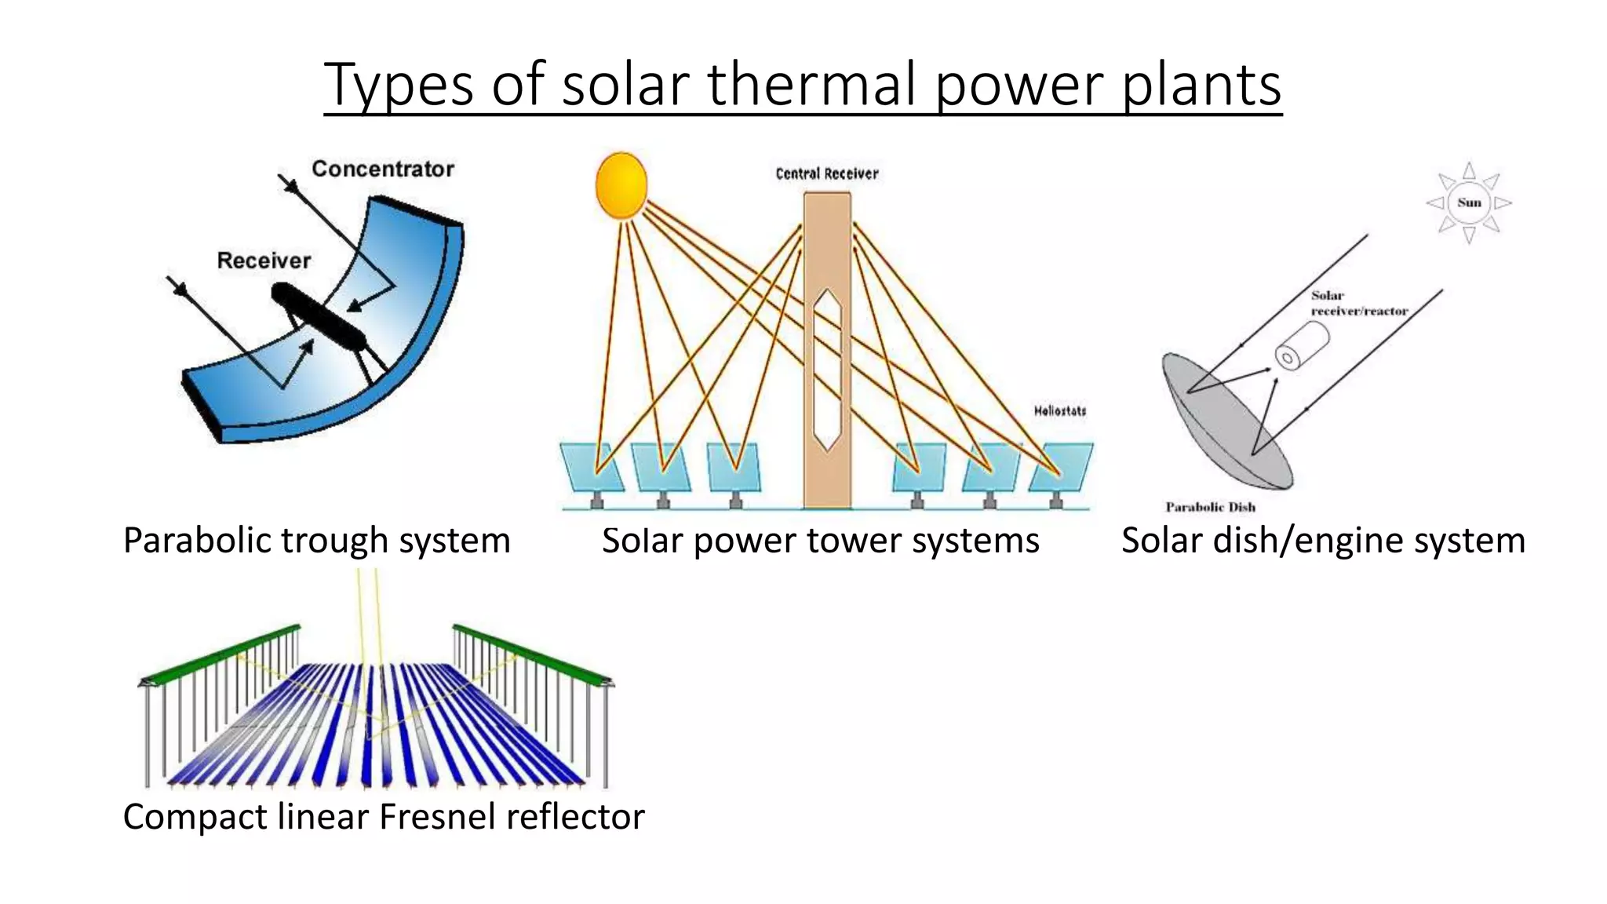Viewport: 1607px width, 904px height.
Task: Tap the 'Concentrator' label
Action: click(x=383, y=169)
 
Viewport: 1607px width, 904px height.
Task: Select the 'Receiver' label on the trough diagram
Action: click(x=264, y=261)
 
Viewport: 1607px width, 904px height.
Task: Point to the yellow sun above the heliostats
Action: click(x=621, y=185)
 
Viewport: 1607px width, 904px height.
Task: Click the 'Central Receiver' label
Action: click(x=826, y=173)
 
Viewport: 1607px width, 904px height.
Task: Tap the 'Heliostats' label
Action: click(x=1059, y=410)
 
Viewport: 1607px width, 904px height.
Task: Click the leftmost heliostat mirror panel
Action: click(x=592, y=467)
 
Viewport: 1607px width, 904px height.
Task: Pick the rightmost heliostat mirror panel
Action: click(x=1061, y=467)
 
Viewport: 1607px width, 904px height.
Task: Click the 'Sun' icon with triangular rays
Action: click(x=1469, y=202)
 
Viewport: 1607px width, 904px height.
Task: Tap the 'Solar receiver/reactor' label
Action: click(x=1359, y=304)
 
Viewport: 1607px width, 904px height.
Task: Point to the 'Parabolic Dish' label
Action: click(x=1210, y=507)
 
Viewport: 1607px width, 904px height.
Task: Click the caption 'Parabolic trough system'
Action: click(x=317, y=541)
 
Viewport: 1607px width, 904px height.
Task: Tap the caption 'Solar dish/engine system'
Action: click(x=1323, y=541)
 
